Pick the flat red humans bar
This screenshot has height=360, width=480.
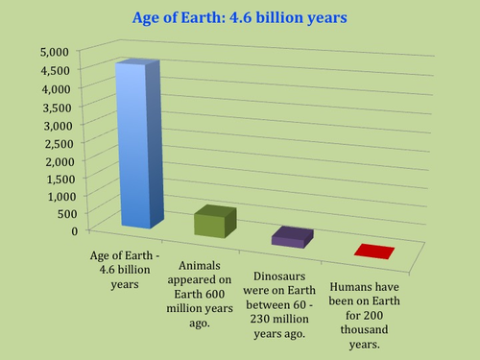(373, 252)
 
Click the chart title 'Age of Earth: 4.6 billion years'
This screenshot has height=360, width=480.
(239, 17)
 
